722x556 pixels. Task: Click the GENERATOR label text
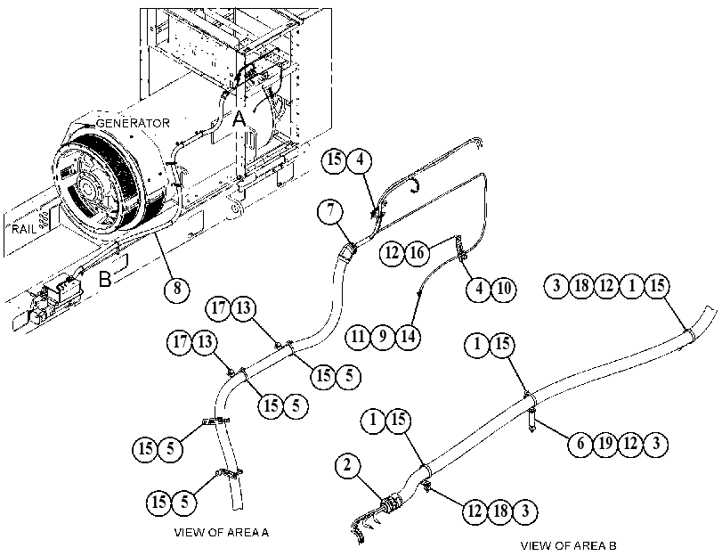pyautogui.click(x=133, y=123)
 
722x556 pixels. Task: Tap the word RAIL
pyautogui.click(x=24, y=229)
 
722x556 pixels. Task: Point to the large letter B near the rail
pyautogui.click(x=105, y=279)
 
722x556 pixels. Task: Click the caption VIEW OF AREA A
pyautogui.click(x=222, y=533)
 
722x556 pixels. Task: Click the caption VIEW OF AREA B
pyautogui.click(x=568, y=546)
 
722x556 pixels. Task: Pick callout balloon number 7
pyautogui.click(x=330, y=211)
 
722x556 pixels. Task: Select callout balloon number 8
pyautogui.click(x=177, y=289)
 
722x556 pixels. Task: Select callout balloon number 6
pyautogui.click(x=580, y=444)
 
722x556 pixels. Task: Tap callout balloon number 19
pyautogui.click(x=605, y=444)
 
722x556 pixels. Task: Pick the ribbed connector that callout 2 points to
pyautogui.click(x=392, y=503)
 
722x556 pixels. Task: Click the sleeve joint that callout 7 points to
pyautogui.click(x=349, y=252)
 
